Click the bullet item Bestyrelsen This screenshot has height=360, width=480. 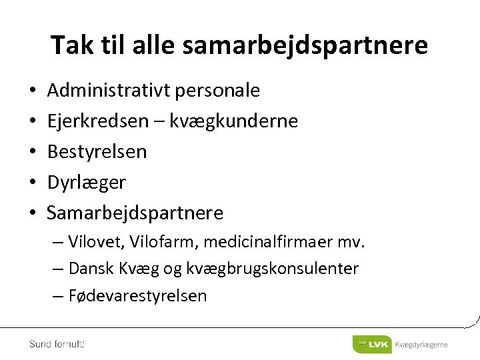click(x=97, y=152)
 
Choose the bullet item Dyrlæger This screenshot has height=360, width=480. click(x=86, y=182)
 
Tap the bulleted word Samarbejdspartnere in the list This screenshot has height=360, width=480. click(x=135, y=213)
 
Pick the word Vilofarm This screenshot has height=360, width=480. click(x=161, y=242)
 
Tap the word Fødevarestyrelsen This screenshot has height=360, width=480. click(x=137, y=295)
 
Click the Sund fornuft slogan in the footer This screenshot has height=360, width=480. click(x=57, y=344)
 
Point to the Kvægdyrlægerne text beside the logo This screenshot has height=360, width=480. click(x=421, y=345)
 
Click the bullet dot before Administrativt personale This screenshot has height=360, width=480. click(x=33, y=91)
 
